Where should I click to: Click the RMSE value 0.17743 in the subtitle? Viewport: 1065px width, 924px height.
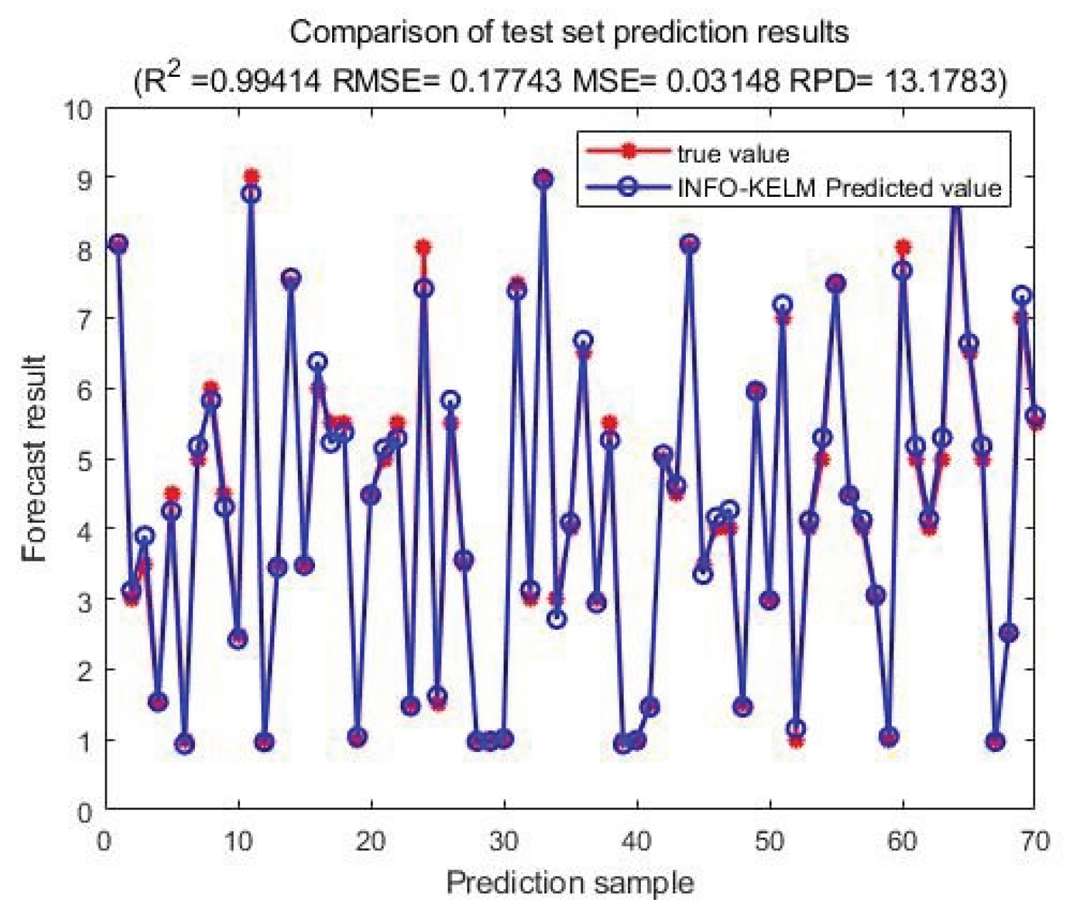tap(506, 81)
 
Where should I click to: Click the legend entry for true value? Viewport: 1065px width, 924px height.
tap(732, 154)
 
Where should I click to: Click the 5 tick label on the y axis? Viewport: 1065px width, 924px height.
tap(85, 459)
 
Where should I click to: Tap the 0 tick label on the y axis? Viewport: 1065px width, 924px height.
tap(85, 812)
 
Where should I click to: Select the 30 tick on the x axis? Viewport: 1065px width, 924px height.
tap(504, 841)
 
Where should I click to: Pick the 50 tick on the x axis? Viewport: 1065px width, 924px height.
tap(770, 841)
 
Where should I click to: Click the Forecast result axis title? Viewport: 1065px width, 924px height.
tap(34, 459)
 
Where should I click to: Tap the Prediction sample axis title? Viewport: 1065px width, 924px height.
tap(570, 883)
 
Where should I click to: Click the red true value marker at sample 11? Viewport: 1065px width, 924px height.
tap(251, 177)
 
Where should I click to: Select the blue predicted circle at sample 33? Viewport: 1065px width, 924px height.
tap(544, 180)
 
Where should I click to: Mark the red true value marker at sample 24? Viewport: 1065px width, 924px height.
tap(424, 247)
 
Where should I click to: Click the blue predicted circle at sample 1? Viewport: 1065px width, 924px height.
tap(118, 244)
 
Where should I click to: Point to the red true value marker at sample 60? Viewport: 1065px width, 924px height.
tap(902, 247)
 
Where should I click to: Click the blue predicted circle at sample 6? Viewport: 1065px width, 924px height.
tap(185, 744)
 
